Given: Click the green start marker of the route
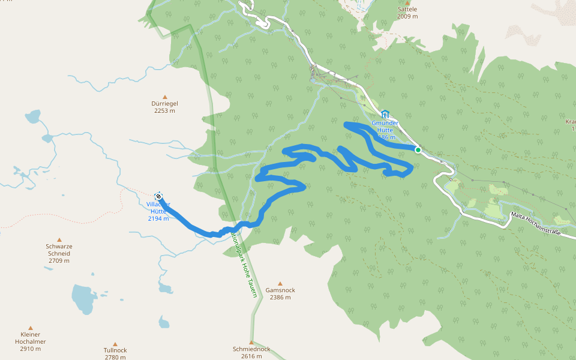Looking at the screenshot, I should tap(418, 149).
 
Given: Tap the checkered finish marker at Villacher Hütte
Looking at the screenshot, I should tap(158, 196).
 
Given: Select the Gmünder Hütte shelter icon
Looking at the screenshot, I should tap(385, 114).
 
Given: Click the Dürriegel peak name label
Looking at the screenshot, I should tap(164, 103).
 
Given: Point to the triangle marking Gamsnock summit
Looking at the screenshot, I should tap(278, 283).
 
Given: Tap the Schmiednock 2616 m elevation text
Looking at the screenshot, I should tap(251, 356).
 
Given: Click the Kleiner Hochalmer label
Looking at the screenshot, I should tap(31, 338).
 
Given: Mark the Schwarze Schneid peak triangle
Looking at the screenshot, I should tap(59, 239).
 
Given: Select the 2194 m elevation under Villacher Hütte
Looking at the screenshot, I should tap(158, 218).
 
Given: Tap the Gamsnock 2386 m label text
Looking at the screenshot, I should tap(280, 293).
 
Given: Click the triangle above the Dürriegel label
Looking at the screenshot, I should tap(164, 96).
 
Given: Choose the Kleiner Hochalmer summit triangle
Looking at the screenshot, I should tap(31, 328).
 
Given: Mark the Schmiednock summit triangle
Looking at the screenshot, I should tap(251, 342).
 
